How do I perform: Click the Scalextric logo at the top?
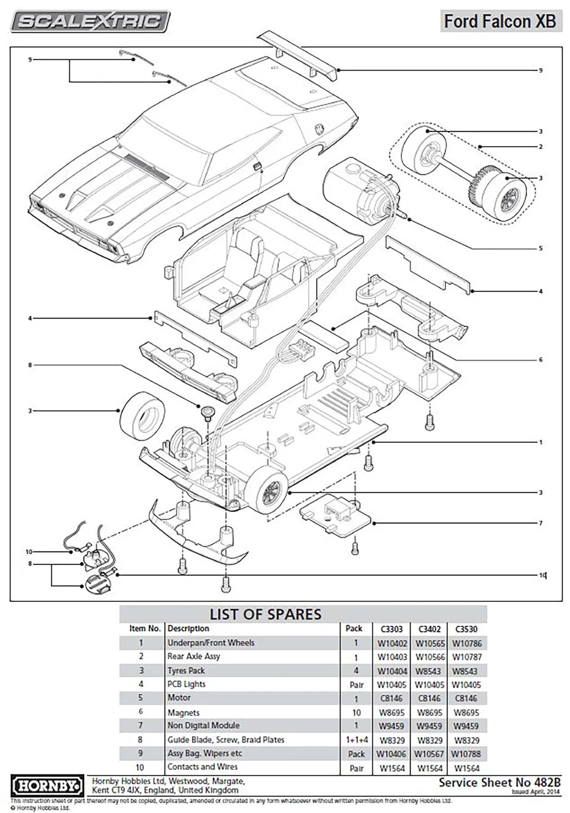(90, 21)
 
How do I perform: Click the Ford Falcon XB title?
(500, 21)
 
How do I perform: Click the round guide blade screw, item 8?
(206, 410)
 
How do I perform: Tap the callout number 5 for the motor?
(541, 249)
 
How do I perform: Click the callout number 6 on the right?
(541, 360)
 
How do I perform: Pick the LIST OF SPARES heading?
(265, 615)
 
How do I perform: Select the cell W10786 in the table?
(467, 644)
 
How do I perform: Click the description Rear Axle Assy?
(193, 657)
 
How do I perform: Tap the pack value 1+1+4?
(356, 740)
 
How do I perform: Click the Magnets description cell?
(183, 712)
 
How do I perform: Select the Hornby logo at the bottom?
(46, 784)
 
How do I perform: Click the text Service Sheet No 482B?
(499, 782)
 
